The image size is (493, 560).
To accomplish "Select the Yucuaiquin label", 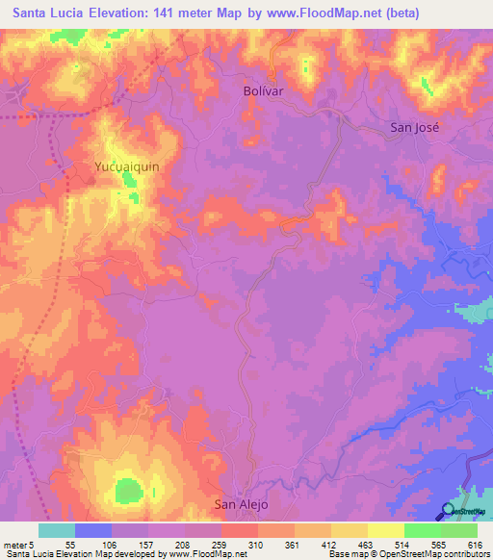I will (x=126, y=166).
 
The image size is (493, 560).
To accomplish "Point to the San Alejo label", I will (x=240, y=503).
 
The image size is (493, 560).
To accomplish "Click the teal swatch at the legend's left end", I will (x=56, y=530).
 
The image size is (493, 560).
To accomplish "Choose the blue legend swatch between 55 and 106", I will (x=93, y=530).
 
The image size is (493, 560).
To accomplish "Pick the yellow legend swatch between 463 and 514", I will (x=385, y=530).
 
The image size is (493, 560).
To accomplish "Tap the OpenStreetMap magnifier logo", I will (x=448, y=512).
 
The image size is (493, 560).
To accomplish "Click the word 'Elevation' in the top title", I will (x=105, y=13).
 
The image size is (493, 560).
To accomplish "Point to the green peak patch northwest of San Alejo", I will (x=126, y=491).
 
